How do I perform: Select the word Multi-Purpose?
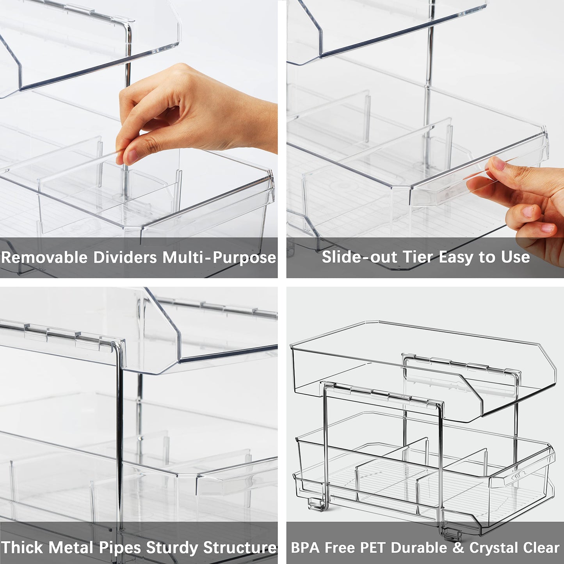point(219,258)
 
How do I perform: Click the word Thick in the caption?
point(22,547)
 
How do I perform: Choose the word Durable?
point(419,548)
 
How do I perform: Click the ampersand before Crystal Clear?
point(458,548)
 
